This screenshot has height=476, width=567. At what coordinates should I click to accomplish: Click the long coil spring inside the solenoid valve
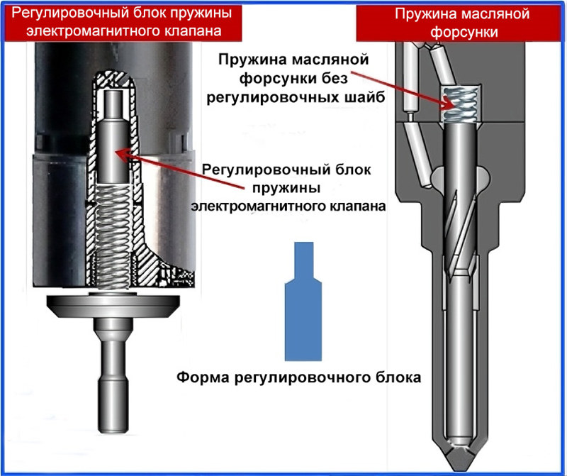coord(114,234)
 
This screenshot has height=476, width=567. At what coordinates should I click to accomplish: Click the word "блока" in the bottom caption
coord(400,377)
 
